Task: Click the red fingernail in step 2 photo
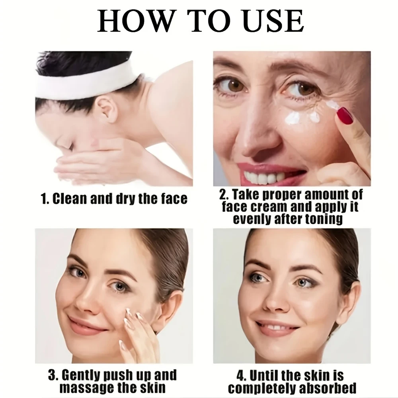tap(344, 115)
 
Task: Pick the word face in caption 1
tap(174, 199)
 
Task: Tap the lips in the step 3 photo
tap(85, 325)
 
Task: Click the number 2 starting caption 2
tap(222, 195)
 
